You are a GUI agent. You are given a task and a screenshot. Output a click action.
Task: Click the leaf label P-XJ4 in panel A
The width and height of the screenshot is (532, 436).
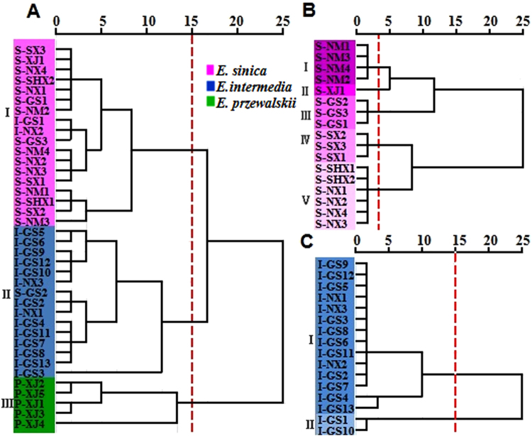30,423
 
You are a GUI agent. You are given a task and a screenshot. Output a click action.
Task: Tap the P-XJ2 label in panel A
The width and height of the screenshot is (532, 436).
30,383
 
